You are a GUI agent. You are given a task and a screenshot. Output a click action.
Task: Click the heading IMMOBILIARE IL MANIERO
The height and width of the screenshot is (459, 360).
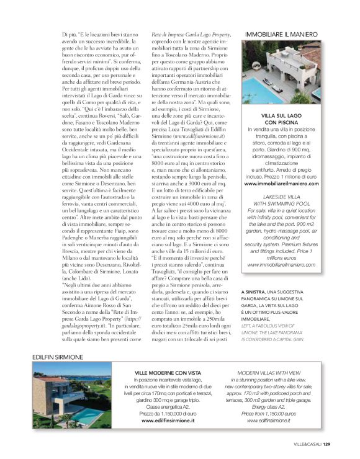click(282, 33)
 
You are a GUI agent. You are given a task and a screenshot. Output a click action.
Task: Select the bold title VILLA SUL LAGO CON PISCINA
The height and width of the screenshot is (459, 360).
click(281, 120)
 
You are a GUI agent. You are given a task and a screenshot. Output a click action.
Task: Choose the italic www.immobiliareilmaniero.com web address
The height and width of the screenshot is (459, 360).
click(281, 265)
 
